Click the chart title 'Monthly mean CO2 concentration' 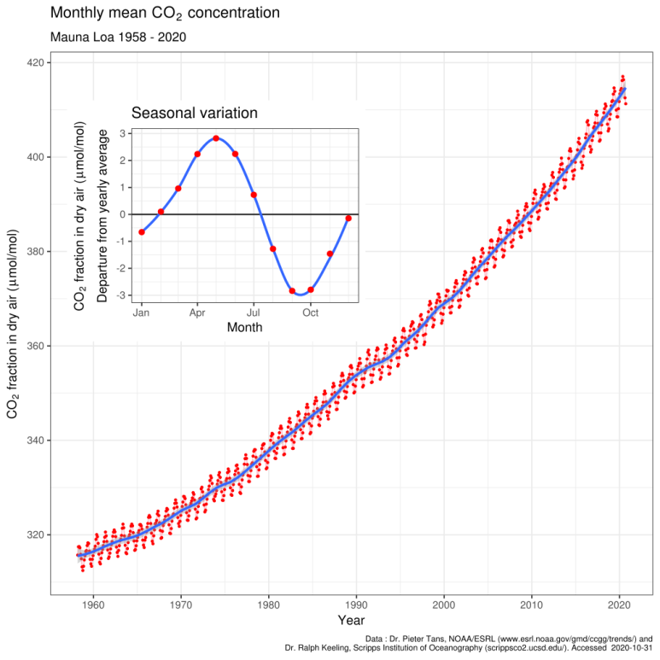pyautogui.click(x=165, y=14)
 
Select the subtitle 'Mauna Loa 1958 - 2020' pyautogui.click(x=119, y=38)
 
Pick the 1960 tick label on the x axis pyautogui.click(x=92, y=603)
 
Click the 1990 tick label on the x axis pyautogui.click(x=356, y=603)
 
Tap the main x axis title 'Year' pyautogui.click(x=351, y=620)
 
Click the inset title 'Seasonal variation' pyautogui.click(x=194, y=113)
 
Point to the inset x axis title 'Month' pyautogui.click(x=244, y=327)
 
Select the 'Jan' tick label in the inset pyautogui.click(x=142, y=312)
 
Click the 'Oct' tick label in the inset pyautogui.click(x=311, y=312)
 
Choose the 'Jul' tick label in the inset pyautogui.click(x=254, y=312)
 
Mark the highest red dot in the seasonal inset pyautogui.click(x=216, y=138)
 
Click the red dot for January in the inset pyautogui.click(x=142, y=232)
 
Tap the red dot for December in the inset pyautogui.click(x=348, y=219)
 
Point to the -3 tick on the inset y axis pyautogui.click(x=124, y=295)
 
